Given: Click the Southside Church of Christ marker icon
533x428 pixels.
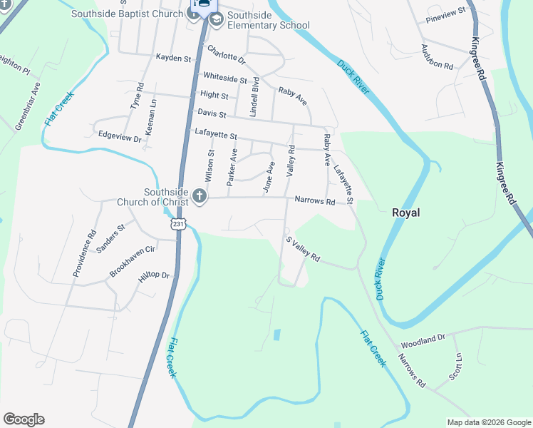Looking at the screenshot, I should (x=200, y=196).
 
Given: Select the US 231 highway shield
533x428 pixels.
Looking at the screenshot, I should (x=177, y=224).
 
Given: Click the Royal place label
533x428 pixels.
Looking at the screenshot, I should (x=406, y=213).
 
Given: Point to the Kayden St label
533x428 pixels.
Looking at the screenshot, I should (x=175, y=58).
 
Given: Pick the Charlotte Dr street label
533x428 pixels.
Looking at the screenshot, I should (x=226, y=55).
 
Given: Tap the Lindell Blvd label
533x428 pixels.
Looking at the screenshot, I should (x=254, y=96).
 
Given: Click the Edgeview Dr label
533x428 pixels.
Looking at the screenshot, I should (x=120, y=136).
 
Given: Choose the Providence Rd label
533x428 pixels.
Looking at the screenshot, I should (x=83, y=253).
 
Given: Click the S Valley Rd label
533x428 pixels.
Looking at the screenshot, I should (x=304, y=250).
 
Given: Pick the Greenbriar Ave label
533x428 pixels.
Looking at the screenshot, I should (x=26, y=106).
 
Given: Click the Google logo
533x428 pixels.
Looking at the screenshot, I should (x=24, y=419).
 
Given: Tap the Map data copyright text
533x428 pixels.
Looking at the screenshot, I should (x=489, y=422).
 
